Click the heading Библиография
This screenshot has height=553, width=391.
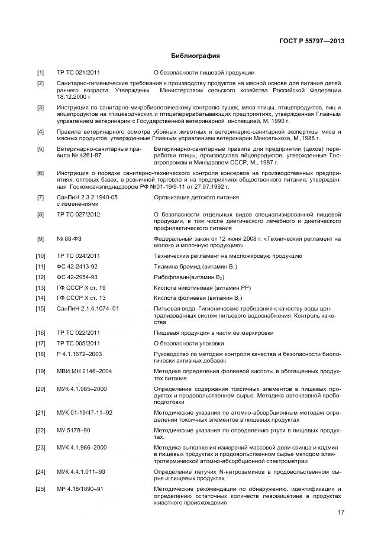[195, 57]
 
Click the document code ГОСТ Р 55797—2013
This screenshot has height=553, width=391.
[312, 41]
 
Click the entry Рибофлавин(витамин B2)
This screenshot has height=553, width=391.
[190, 277]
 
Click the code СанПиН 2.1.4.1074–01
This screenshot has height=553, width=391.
[88, 309]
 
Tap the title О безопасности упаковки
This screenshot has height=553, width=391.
[189, 344]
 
